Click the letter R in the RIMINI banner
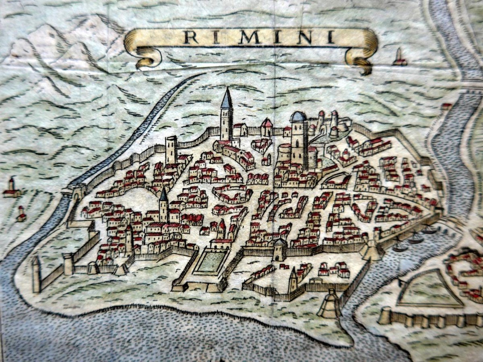(x=191, y=37)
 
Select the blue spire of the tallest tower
(x=227, y=99)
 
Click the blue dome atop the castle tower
(x=298, y=117)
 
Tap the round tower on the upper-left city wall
(x=171, y=149)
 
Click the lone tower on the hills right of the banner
(x=399, y=57)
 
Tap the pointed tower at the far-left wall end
(x=36, y=274)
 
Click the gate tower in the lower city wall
(x=279, y=250)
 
